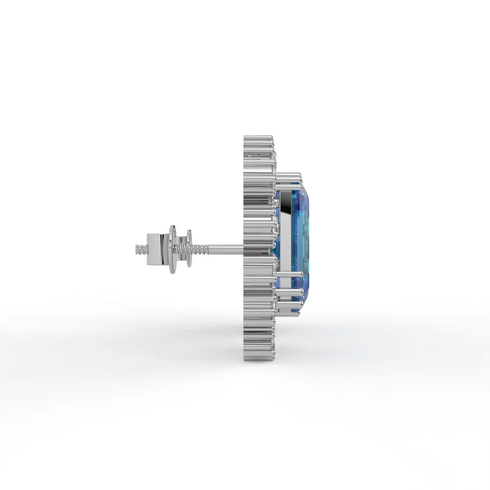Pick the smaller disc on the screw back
(189, 248)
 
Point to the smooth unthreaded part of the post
(227, 246)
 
